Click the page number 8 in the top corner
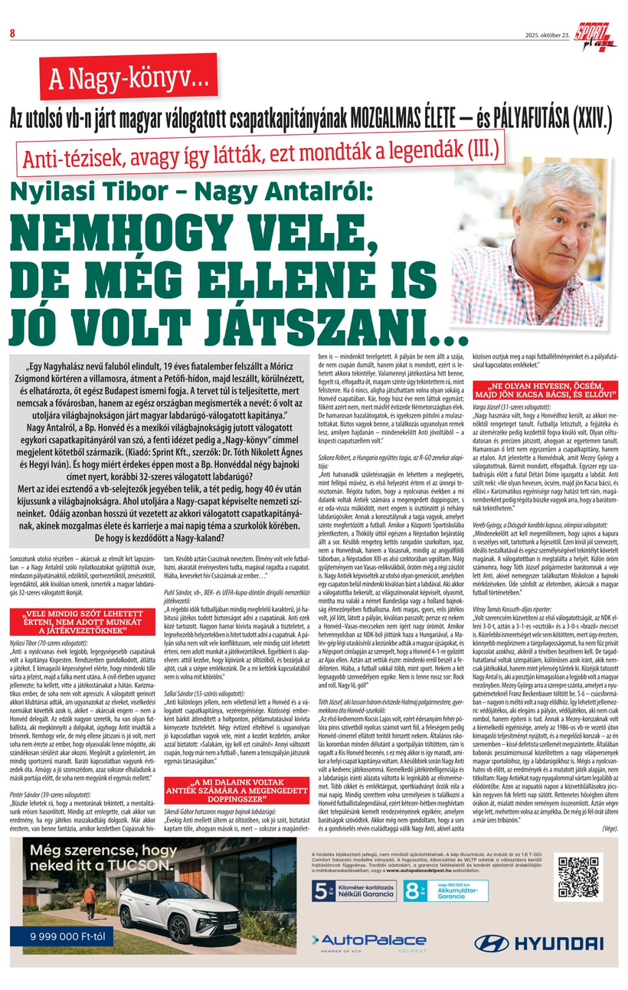pyautogui.click(x=13, y=32)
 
